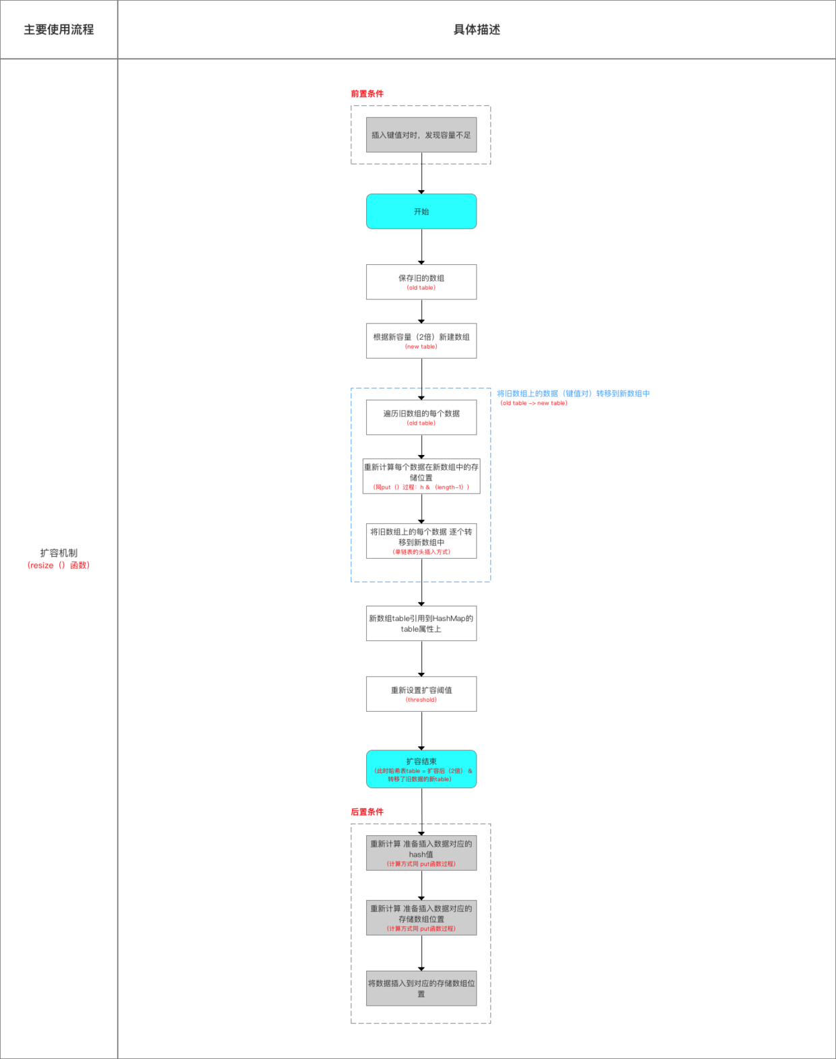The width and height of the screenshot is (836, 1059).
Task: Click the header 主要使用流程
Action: click(59, 30)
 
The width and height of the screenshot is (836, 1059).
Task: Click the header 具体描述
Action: click(477, 30)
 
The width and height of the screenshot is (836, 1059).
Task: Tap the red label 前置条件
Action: click(367, 94)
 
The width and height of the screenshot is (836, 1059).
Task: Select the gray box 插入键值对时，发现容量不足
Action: click(421, 135)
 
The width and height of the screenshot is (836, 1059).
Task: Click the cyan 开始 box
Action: click(421, 212)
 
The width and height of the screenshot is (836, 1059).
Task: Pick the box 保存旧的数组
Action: click(421, 282)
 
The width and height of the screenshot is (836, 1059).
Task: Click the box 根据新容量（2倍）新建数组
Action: click(421, 340)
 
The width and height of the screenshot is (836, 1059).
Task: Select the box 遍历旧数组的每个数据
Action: click(421, 417)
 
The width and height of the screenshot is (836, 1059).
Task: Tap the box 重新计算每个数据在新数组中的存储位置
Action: click(421, 476)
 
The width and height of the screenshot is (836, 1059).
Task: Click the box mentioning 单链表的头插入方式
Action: click(421, 541)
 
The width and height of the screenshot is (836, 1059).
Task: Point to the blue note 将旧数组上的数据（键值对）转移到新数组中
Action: click(573, 394)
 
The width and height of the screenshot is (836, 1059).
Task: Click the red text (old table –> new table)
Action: click(533, 403)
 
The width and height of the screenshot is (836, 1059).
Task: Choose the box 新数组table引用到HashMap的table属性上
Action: click(421, 624)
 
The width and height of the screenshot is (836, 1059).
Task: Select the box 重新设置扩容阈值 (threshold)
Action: click(421, 694)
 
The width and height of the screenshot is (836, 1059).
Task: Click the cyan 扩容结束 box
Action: click(421, 769)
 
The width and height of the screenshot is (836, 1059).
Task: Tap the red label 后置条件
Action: click(367, 812)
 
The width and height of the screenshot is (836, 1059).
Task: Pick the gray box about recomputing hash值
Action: click(421, 853)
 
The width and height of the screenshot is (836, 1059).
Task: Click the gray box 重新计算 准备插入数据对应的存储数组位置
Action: click(421, 917)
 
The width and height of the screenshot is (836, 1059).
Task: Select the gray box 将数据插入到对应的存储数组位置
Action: click(421, 988)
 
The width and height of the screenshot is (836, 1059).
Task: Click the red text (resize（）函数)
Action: click(59, 566)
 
